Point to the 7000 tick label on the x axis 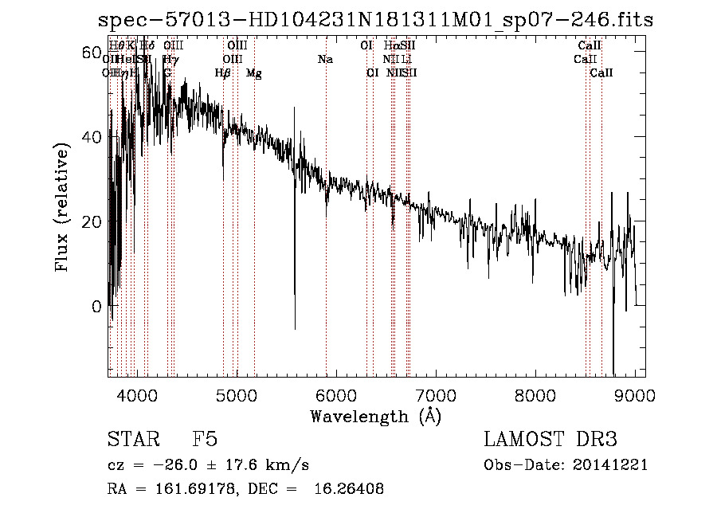tap(436, 395)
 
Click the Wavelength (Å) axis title tap(375, 416)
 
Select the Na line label tap(325, 60)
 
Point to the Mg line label tap(254, 73)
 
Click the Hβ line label tap(223, 73)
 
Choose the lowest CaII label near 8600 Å tap(601, 73)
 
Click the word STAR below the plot tap(132, 440)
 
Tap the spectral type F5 tap(205, 440)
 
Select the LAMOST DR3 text tap(550, 440)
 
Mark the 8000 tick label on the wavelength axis tap(535, 395)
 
